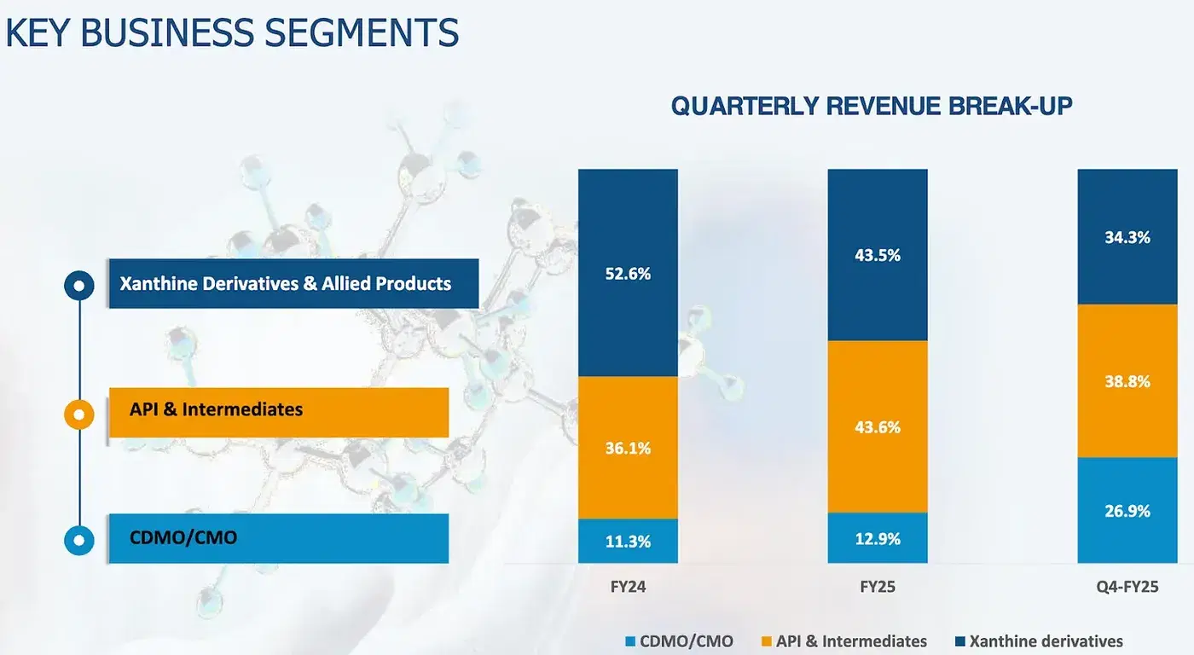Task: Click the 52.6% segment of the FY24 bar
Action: [628, 273]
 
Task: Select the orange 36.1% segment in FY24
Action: [628, 447]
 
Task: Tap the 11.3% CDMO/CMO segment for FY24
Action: [628, 541]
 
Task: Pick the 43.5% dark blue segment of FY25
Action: [878, 255]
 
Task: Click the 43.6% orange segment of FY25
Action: [878, 426]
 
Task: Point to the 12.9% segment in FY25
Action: [878, 538]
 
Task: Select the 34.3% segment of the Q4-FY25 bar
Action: [1127, 237]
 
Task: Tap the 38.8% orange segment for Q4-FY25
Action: [1127, 381]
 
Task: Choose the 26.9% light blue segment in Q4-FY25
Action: [1127, 510]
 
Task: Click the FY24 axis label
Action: [628, 588]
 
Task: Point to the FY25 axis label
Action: [878, 588]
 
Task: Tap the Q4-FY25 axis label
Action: [1127, 588]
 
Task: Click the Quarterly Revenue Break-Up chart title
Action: [871, 107]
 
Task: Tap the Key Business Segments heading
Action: [232, 32]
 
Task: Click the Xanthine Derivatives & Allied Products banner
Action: [293, 283]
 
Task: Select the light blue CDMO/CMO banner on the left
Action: [280, 538]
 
